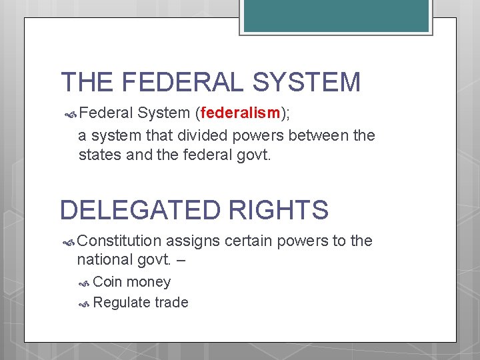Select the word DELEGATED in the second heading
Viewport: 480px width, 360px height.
[139, 210]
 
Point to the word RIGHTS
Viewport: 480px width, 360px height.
[279, 210]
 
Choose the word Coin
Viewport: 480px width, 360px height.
[108, 282]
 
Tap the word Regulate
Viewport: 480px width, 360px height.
[122, 303]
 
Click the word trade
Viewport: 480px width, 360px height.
[171, 303]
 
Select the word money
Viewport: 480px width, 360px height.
[149, 283]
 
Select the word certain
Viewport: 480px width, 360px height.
[249, 241]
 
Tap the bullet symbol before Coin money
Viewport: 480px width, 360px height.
[85, 283]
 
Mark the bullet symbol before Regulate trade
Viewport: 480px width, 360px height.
[85, 303]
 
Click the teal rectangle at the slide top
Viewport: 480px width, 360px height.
[335, 16]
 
